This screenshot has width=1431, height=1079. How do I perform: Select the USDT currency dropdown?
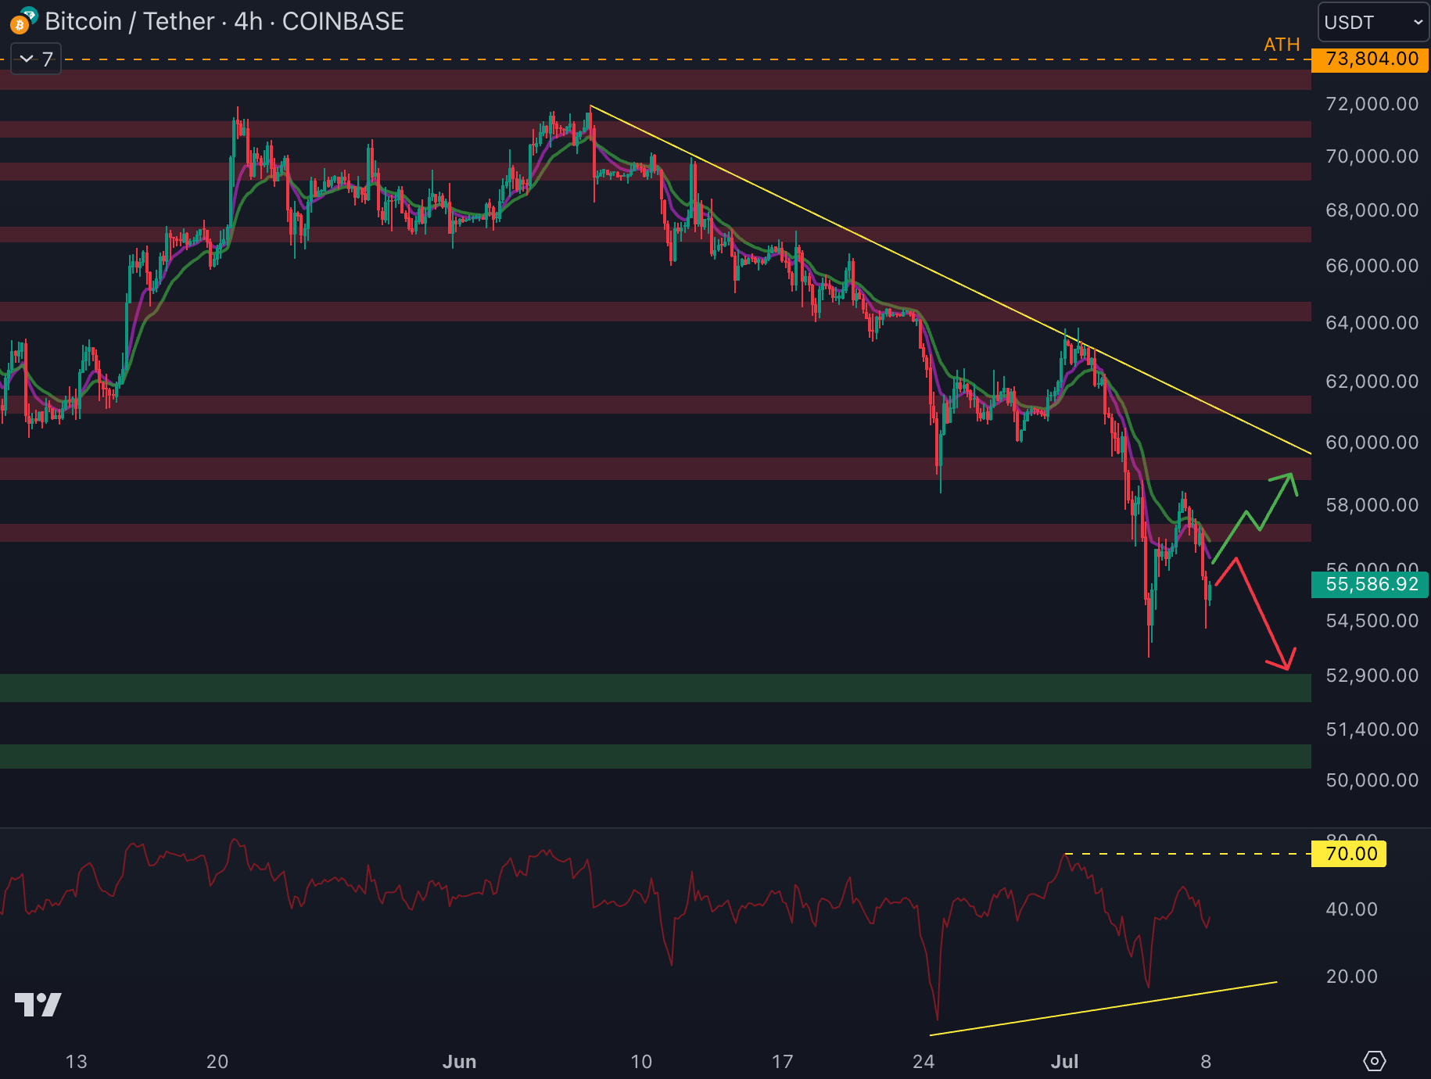tap(1373, 22)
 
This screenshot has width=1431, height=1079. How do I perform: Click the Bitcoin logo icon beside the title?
tap(21, 22)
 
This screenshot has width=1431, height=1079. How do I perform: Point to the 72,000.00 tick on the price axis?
tap(1372, 104)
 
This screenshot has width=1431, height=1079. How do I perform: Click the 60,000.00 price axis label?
tap(1372, 443)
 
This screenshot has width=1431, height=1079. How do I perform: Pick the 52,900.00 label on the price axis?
tap(1372, 676)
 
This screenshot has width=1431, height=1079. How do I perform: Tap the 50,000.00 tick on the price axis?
tap(1372, 780)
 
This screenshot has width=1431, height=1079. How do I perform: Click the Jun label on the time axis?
tap(459, 1062)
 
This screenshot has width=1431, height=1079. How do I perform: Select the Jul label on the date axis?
tap(1064, 1062)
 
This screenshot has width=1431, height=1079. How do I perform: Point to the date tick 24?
tap(924, 1062)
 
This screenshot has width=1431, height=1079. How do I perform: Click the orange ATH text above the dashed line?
tap(1282, 45)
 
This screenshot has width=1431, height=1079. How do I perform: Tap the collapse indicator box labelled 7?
tap(36, 59)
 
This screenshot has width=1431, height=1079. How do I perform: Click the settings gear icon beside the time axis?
tap(1374, 1061)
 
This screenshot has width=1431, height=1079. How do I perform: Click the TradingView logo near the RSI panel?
tap(38, 1005)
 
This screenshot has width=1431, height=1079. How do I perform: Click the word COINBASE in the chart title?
tap(343, 22)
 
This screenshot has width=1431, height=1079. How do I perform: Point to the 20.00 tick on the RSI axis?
tap(1351, 977)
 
